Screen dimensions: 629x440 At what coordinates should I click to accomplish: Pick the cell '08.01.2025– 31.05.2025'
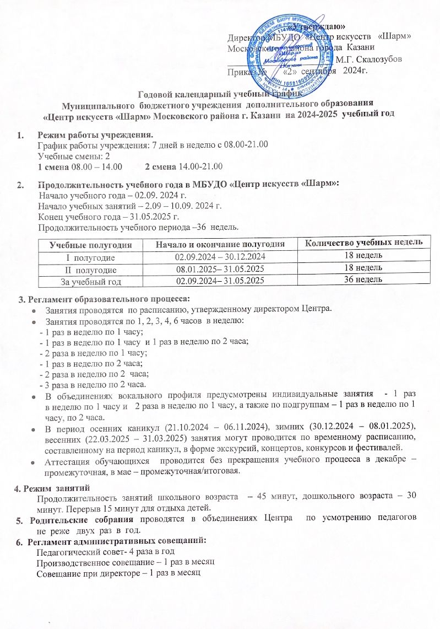click(x=220, y=269)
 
